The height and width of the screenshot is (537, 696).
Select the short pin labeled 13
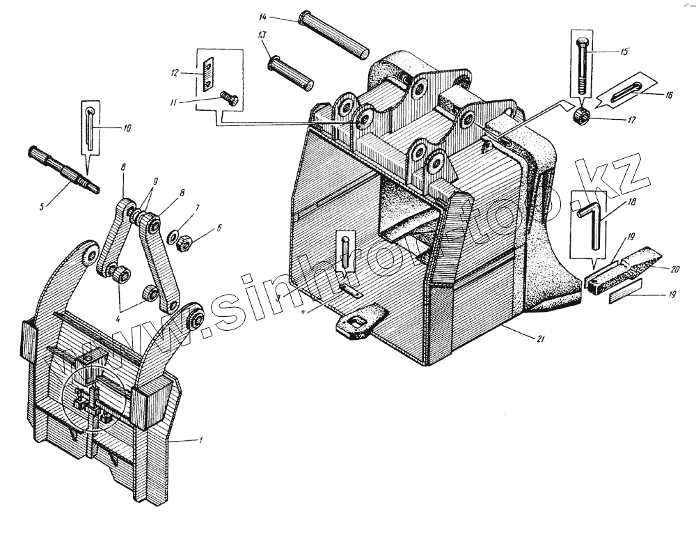292,70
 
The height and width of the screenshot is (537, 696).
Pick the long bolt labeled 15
582,67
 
